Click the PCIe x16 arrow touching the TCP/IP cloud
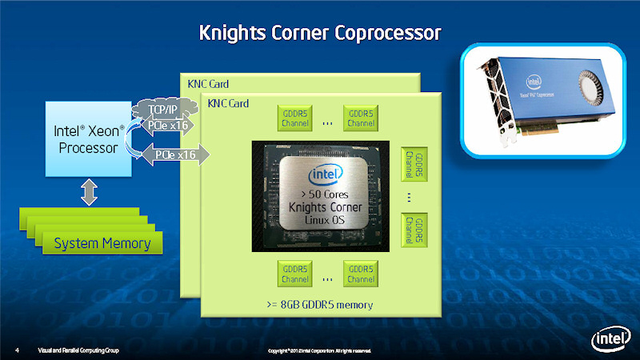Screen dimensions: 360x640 (171, 125)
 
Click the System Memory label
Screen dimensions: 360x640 (102, 243)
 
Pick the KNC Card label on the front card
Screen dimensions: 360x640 (228, 104)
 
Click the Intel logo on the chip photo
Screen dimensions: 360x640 (328, 174)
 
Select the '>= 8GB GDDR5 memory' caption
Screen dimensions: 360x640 (320, 305)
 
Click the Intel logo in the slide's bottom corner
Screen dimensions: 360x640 (607, 340)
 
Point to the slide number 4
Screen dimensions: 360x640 (17, 350)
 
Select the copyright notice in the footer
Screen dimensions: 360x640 (318, 350)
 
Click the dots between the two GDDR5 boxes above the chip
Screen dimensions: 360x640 (327, 123)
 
